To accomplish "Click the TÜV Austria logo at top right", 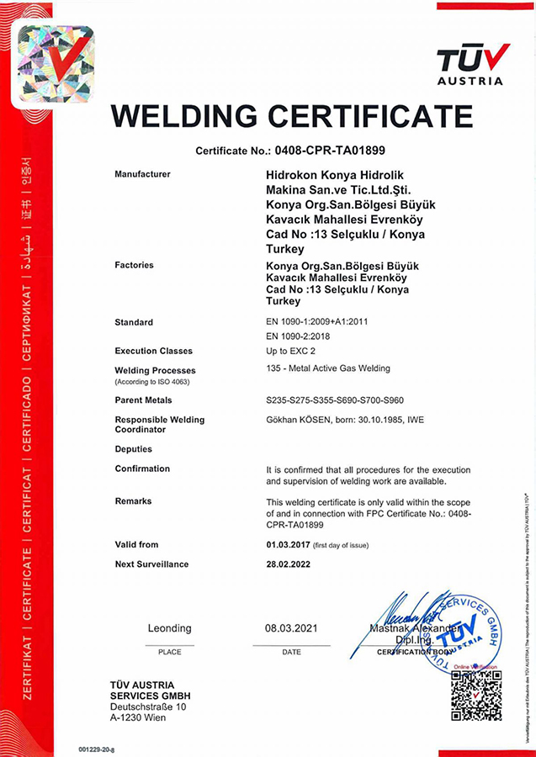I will [x=472, y=64].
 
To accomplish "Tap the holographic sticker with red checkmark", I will [x=56, y=64].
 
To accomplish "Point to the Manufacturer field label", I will [x=142, y=174].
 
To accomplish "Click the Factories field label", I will [x=134, y=265].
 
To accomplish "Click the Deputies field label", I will [x=134, y=449].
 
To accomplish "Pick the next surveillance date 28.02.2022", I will [x=288, y=564].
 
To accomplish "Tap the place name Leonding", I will [x=169, y=628].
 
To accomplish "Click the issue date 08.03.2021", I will [x=291, y=628].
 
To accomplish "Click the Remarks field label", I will [x=133, y=500].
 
